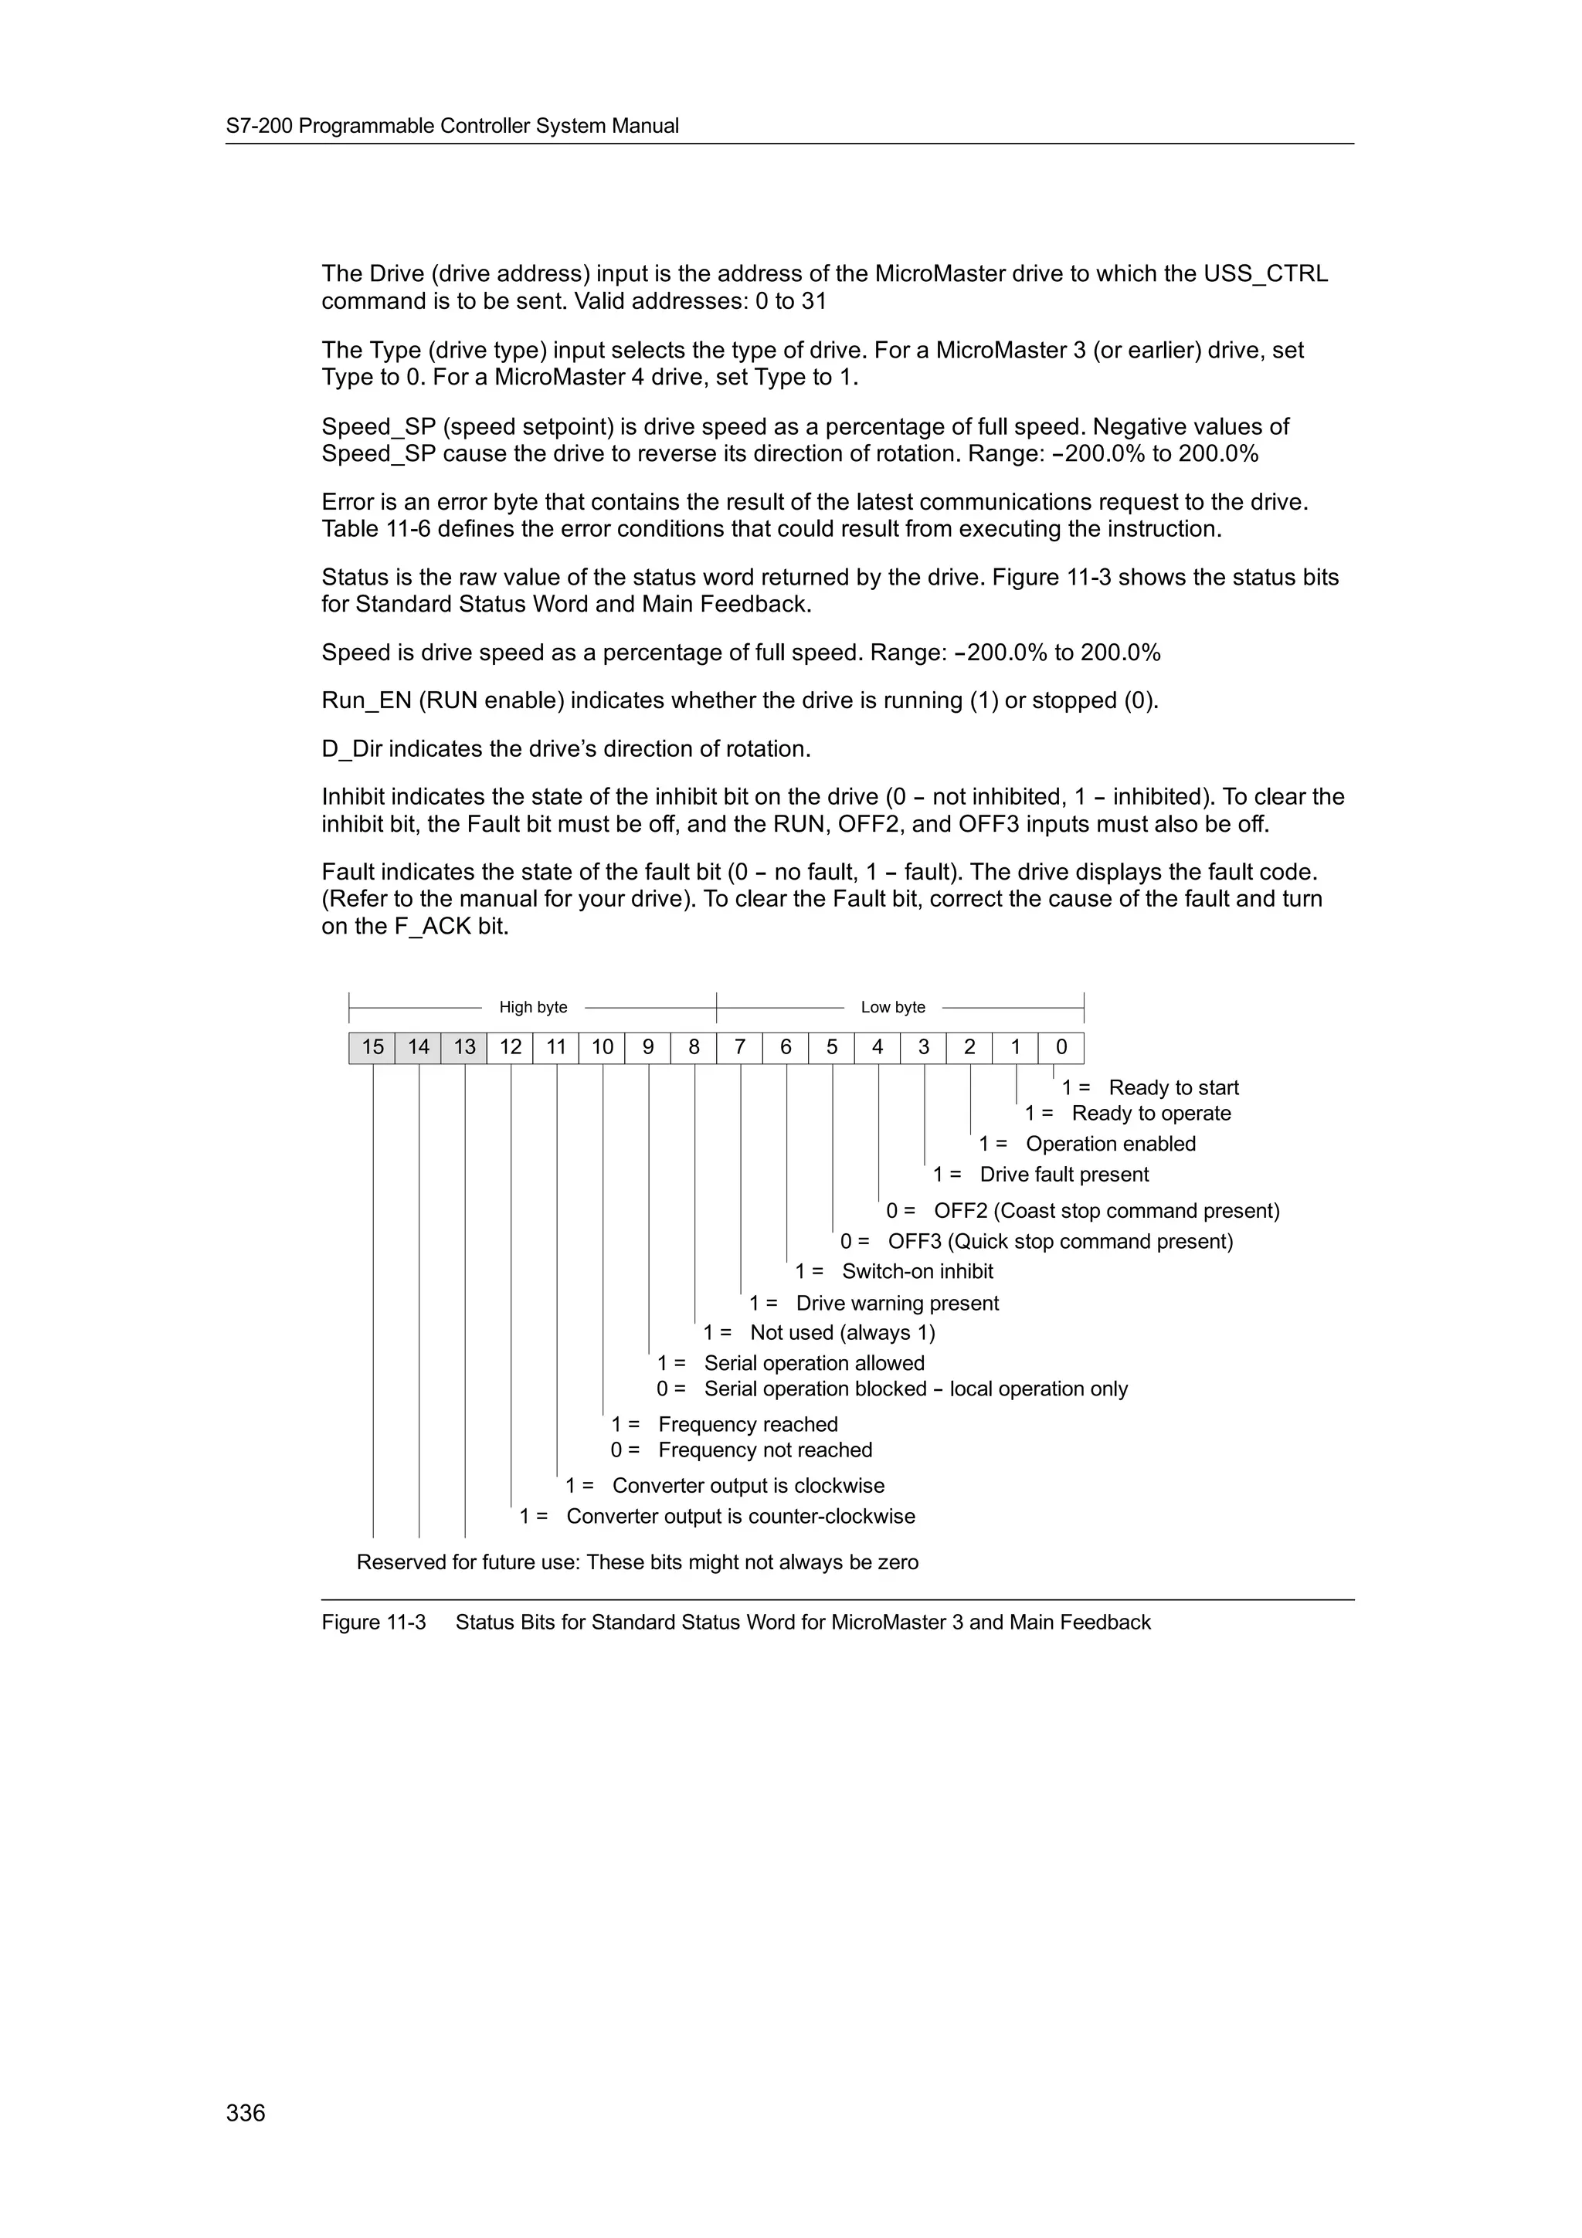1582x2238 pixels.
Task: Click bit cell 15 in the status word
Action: coord(372,1047)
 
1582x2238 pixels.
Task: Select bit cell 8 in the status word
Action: coord(694,1047)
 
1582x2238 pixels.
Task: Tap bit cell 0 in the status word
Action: coord(1061,1047)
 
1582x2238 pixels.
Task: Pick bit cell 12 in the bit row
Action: coord(511,1047)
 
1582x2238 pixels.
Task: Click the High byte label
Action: coord(533,1007)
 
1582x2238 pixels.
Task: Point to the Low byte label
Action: coord(893,1007)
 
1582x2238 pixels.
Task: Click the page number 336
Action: coord(246,2112)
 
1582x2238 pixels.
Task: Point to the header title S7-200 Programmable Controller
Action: coord(453,126)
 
